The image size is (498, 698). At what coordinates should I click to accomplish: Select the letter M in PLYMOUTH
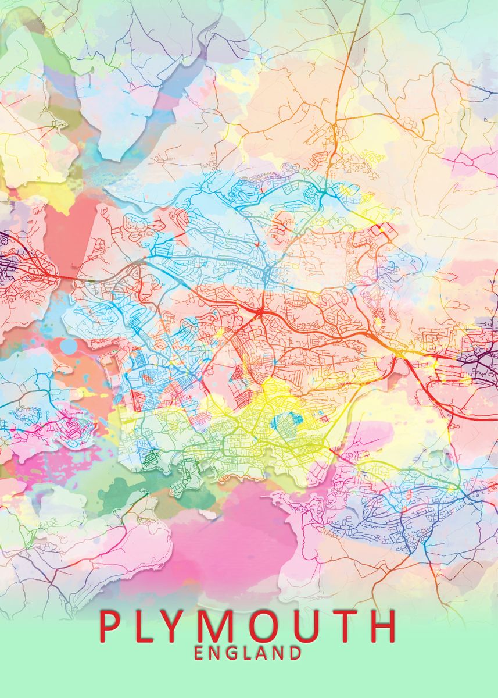[227, 626]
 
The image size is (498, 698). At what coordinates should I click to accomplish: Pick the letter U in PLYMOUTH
[319, 626]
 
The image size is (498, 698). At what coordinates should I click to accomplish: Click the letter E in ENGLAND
[199, 653]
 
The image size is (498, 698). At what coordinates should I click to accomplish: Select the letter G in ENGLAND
[231, 653]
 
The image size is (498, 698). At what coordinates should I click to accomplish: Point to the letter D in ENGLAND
[295, 653]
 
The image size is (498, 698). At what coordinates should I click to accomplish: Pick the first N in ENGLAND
[214, 653]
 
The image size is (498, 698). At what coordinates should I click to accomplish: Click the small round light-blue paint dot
[69, 346]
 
